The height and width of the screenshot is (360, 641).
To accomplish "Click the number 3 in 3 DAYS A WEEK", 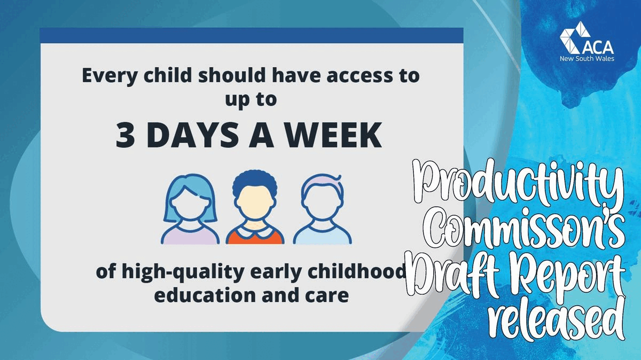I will pyautogui.click(x=126, y=137).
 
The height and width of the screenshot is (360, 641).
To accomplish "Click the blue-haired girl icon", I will pyautogui.click(x=191, y=208).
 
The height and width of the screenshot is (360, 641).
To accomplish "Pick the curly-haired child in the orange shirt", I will pyautogui.click(x=255, y=208).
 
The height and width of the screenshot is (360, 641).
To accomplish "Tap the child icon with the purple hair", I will pyautogui.click(x=319, y=208).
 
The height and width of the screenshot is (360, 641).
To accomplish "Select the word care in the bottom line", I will pyautogui.click(x=332, y=294).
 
